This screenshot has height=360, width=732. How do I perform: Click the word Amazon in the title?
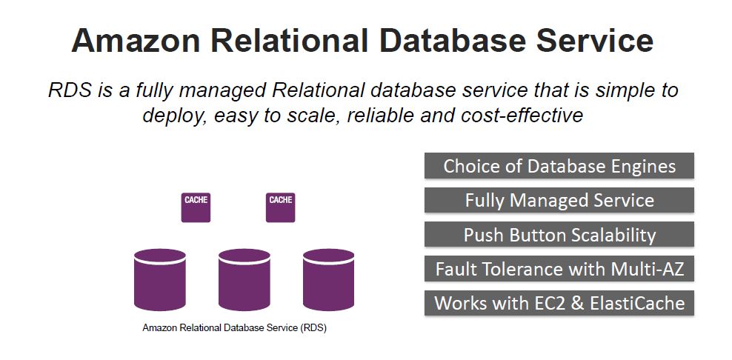click(x=136, y=40)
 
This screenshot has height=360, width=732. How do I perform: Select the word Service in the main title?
click(x=595, y=40)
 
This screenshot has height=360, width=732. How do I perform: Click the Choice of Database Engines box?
click(x=559, y=166)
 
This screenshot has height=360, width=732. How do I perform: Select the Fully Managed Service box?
click(x=559, y=200)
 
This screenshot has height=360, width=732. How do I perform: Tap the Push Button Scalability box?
click(x=559, y=234)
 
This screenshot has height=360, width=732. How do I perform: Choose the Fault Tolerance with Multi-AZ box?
click(x=559, y=269)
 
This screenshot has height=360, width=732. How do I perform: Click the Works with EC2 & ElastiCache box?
click(x=559, y=303)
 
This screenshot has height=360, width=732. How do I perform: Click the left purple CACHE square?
click(x=196, y=208)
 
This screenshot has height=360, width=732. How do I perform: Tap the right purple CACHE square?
click(x=281, y=208)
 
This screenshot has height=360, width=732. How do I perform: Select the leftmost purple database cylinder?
click(x=159, y=280)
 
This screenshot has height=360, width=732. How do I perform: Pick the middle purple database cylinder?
click(x=244, y=280)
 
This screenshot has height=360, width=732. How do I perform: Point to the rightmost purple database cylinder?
click(x=329, y=280)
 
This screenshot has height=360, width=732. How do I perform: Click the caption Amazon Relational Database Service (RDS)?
click(x=234, y=328)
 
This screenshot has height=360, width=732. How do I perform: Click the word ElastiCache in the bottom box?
click(x=637, y=303)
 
